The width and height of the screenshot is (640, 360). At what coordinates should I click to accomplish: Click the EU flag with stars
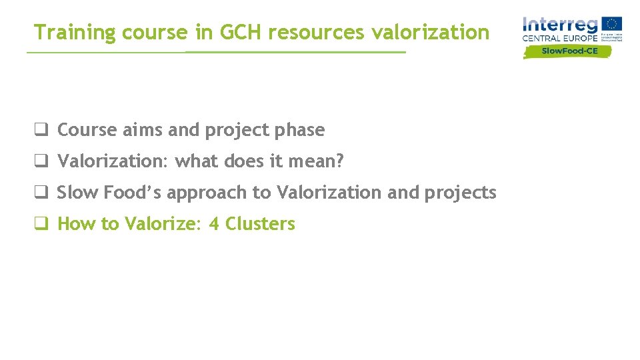[611, 24]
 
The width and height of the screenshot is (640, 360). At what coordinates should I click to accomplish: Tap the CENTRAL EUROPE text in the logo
[560, 39]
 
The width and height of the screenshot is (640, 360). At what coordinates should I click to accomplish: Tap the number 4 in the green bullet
[214, 224]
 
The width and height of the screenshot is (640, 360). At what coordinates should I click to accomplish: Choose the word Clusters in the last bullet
[260, 224]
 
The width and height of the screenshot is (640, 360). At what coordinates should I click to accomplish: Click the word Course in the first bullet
[87, 130]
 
